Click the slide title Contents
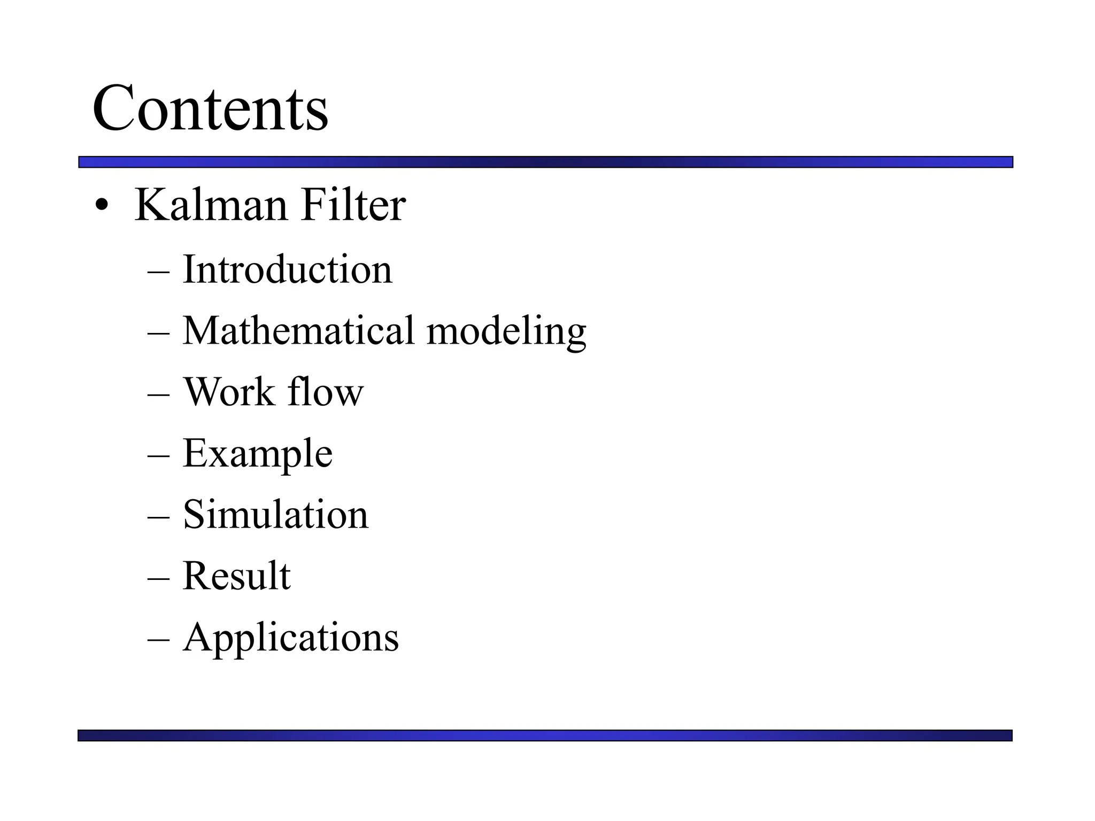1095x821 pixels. point(210,109)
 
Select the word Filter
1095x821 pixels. point(353,205)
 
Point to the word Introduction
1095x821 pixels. point(287,269)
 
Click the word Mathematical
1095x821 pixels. point(298,331)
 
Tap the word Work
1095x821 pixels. point(229,392)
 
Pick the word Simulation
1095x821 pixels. point(275,515)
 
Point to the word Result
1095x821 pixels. point(236,576)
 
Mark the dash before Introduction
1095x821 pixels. point(158,271)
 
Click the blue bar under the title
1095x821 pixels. point(545,162)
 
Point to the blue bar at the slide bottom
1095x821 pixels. point(545,735)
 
